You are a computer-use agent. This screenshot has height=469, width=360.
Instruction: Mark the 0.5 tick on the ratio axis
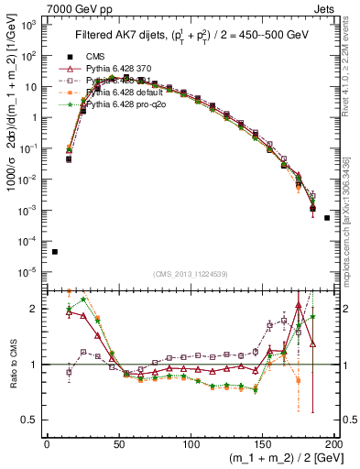(x=33, y=420)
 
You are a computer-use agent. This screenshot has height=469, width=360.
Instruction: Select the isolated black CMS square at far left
(x=55, y=252)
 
